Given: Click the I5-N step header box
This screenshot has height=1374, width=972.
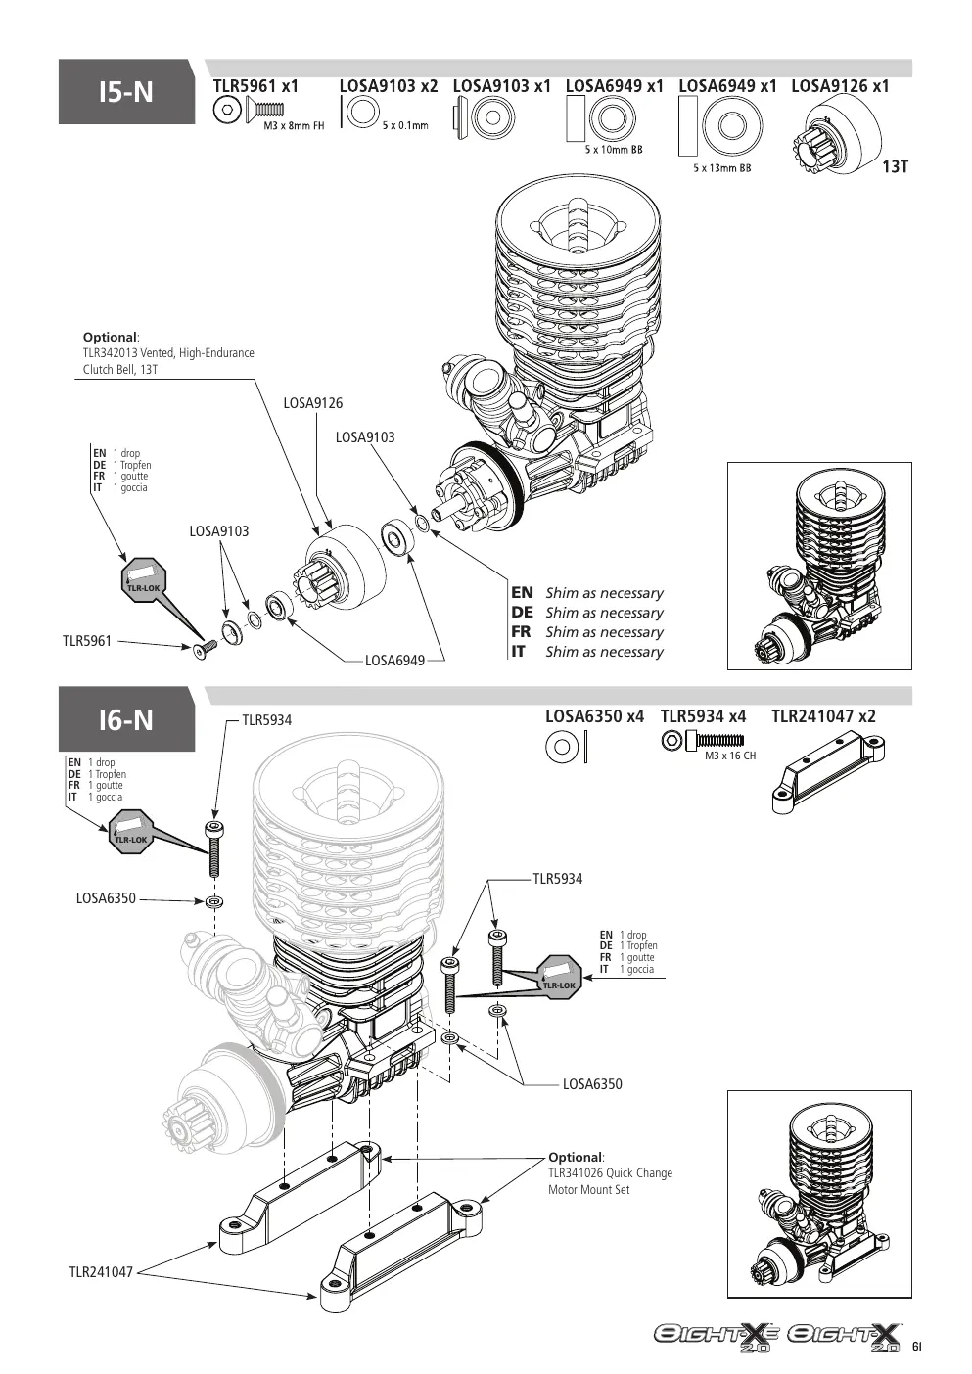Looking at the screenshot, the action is (x=126, y=92).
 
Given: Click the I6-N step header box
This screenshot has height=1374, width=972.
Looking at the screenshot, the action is (x=126, y=719).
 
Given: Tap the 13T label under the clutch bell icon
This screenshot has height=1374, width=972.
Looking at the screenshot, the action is (x=895, y=166).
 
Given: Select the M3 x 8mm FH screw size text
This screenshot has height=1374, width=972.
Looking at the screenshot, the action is (x=294, y=125).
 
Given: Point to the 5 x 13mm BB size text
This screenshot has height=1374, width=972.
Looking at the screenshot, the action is (x=722, y=168).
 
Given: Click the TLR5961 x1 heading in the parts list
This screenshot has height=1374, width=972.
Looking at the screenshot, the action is (x=255, y=86).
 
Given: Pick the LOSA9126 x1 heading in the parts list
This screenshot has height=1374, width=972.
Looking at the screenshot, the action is (x=840, y=86).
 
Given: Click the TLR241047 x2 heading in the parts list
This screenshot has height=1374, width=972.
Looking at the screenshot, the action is (x=823, y=715).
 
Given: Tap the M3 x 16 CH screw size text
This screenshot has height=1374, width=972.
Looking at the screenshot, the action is (x=730, y=756).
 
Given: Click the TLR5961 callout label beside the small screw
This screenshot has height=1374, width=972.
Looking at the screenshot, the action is (x=87, y=641).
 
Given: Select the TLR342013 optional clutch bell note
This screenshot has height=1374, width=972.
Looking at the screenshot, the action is (x=168, y=361).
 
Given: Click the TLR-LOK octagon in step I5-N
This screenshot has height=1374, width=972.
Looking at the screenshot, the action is (x=143, y=579).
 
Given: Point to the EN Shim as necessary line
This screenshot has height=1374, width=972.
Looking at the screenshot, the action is (x=587, y=592).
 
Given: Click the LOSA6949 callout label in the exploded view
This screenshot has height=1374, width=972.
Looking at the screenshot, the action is (x=394, y=661).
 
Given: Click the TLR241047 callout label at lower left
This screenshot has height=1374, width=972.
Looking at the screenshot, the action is (x=101, y=1272).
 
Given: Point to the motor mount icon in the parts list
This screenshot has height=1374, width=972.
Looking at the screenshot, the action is (x=828, y=774).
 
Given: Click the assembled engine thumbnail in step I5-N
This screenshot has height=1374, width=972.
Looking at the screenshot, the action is (x=819, y=566).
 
